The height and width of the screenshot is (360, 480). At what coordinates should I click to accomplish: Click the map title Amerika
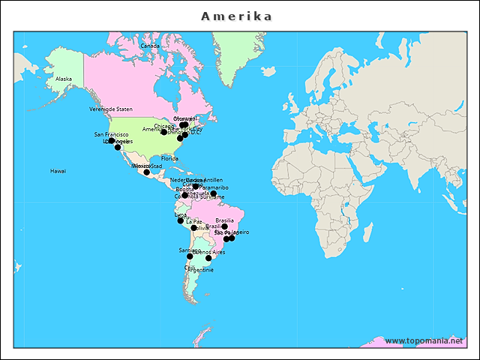point(237,16)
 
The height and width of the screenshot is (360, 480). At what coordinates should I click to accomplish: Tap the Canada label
point(150,46)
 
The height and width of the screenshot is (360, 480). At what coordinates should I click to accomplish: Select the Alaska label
point(64,79)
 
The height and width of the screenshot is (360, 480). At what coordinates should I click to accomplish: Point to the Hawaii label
point(58,171)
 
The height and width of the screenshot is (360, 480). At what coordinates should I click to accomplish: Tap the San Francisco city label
point(111,134)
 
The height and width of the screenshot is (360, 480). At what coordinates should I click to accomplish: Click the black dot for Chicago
point(164,132)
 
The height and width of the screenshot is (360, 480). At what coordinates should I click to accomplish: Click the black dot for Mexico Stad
point(147,172)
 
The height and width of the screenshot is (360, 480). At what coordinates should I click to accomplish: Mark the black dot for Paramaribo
point(214,194)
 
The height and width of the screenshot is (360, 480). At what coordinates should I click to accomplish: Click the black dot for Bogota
point(184,195)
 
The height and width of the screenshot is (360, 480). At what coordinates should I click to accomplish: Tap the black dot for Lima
point(180,220)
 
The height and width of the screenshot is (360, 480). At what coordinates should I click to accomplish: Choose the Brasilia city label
point(224,220)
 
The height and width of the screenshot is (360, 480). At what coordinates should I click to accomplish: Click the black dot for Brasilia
point(224,226)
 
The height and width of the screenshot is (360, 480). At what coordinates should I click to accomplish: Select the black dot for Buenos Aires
point(208,258)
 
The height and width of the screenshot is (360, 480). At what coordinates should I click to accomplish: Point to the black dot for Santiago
point(190,256)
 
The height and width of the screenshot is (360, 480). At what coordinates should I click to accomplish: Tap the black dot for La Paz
point(193,228)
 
